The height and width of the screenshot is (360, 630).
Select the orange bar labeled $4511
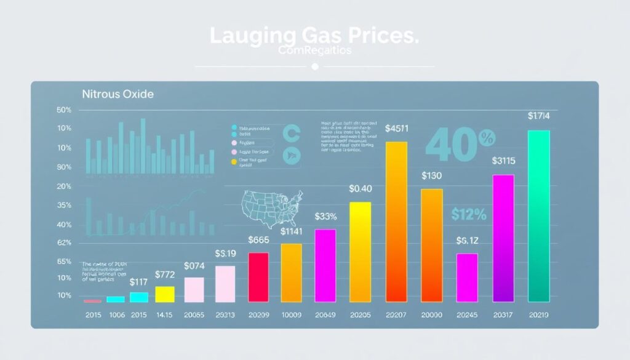396,222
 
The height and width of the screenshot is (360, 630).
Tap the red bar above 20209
258,277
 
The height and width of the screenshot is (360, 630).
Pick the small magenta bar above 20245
467,277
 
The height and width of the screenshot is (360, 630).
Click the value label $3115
504,161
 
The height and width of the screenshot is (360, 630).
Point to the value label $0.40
360,189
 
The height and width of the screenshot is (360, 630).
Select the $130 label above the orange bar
432,176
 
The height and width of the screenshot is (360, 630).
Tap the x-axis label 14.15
164,316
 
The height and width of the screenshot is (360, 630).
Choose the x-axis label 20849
325,316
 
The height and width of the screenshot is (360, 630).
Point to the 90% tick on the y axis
64,167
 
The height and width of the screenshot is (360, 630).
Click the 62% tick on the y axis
64,243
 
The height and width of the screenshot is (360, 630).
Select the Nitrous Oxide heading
118,95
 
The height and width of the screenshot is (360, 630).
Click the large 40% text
452,145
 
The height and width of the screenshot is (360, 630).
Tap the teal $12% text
468,215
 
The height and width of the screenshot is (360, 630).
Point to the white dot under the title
315,66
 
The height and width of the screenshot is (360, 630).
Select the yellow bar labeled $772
164,294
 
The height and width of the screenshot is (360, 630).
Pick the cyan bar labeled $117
139,297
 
